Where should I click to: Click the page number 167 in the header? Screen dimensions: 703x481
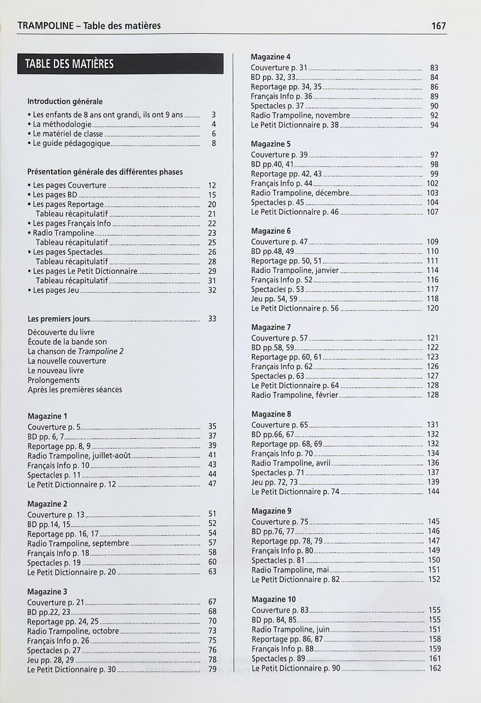point(438,26)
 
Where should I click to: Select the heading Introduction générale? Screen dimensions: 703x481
point(65,101)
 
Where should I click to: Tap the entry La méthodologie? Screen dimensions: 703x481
point(62,124)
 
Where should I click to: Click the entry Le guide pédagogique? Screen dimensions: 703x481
point(71,143)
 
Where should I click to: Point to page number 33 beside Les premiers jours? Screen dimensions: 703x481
point(212,319)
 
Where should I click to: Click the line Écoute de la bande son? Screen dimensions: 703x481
point(67,342)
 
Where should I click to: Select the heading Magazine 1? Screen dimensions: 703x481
point(47,416)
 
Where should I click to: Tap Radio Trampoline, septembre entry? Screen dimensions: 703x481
point(78,543)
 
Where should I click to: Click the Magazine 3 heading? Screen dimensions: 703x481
point(47,591)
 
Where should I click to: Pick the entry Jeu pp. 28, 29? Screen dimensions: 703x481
point(51,659)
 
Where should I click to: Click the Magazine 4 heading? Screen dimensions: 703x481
point(271,57)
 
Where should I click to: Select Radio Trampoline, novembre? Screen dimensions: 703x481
point(301,115)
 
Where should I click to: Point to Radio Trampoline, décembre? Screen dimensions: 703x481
point(301,193)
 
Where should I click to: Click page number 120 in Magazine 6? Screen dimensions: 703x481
point(432,308)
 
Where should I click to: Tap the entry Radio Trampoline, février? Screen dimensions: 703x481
point(295,395)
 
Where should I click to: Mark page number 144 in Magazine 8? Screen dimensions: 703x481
point(433,492)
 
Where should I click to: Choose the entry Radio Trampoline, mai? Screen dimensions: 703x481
point(290,569)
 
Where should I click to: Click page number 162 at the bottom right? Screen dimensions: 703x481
point(434,668)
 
